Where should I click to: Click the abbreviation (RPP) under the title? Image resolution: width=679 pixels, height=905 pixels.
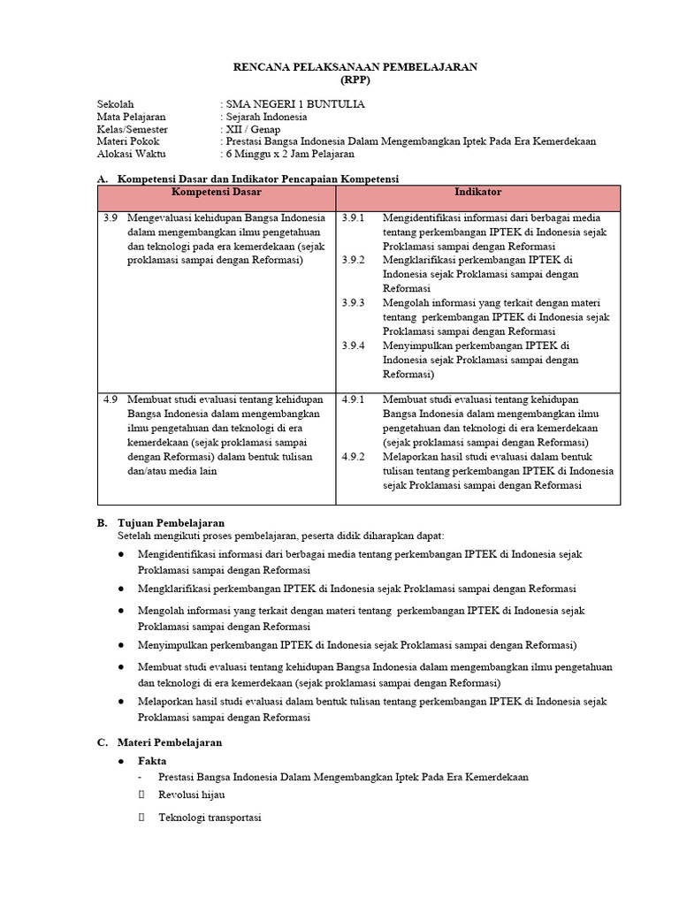pos(355,79)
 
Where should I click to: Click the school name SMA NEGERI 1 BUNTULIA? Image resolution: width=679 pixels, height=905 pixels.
pos(295,104)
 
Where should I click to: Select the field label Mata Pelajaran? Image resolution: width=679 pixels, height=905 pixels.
pos(131,117)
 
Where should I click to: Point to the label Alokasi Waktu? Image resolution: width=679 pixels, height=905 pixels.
pos(131,154)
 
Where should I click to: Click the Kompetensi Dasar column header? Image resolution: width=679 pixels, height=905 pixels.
pos(217,192)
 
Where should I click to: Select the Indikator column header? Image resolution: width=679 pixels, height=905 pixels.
pos(478,192)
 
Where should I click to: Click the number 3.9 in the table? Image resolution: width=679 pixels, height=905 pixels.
pos(110,217)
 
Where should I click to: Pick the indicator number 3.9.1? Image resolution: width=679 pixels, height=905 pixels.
pos(353,217)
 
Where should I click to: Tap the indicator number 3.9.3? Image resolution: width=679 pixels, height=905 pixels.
pos(353,302)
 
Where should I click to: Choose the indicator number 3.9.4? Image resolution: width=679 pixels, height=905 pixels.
pos(353,345)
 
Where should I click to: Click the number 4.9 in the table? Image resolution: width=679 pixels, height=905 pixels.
pos(110,399)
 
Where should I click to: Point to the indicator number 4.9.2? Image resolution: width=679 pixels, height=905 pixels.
pos(353,457)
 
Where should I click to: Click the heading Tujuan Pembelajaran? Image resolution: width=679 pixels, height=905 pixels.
pos(171,522)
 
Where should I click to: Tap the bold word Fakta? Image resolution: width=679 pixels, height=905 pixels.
pos(152,761)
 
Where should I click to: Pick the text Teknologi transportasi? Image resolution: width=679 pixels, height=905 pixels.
pos(210,818)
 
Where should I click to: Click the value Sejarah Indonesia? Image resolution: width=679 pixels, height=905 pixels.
pos(267,117)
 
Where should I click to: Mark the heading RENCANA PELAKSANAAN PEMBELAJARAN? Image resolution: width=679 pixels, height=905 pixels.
pos(355,66)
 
